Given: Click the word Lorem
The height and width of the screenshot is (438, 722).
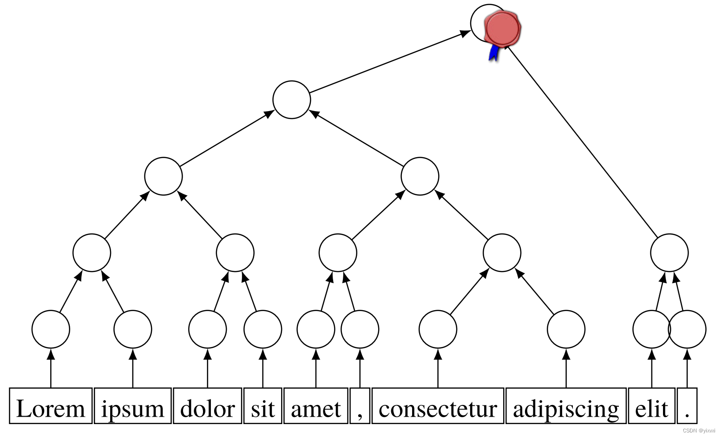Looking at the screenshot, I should pos(51,409).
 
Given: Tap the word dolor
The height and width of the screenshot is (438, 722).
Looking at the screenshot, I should pos(207,409).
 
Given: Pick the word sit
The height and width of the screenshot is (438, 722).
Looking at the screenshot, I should pos(263,409).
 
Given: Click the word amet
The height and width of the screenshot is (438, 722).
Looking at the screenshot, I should pos(316,409).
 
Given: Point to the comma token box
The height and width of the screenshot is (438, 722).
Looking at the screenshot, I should pos(360,406).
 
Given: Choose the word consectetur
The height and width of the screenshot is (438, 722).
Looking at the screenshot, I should pos(438,409).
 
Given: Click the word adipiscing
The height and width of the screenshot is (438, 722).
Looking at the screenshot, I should pos(566,409).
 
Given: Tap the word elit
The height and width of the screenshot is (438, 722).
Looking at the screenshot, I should pos(651,409).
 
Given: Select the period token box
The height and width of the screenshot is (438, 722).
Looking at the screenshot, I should pos(687,406).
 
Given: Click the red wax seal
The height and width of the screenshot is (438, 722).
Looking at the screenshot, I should pos(503,28).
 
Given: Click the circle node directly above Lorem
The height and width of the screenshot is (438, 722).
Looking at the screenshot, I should pos(51,329).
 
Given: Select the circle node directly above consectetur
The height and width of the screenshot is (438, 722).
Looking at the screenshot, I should pos(438,329).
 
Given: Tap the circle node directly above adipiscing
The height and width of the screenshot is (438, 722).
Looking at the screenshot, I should pos(566,329).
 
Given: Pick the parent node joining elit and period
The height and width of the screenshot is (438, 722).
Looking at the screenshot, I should pos(669,253).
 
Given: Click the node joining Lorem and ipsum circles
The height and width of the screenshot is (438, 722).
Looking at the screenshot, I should pos(92,253).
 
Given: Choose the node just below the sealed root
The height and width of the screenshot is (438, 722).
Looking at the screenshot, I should pos(292,100).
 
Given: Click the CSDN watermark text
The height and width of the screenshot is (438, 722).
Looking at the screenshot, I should pos(699,431).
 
